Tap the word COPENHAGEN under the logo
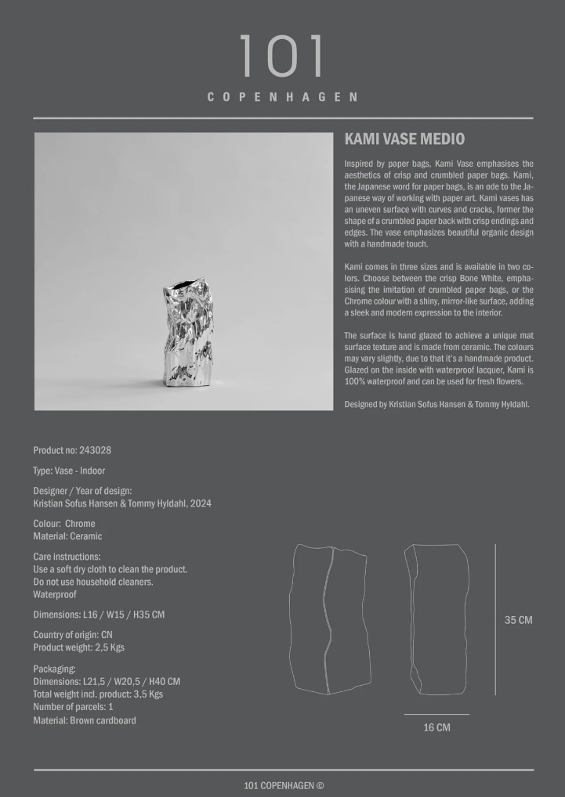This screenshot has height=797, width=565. (282, 97)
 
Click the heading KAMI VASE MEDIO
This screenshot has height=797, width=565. (404, 139)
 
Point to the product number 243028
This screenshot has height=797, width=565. (95, 450)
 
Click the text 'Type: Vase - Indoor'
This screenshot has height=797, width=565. (69, 471)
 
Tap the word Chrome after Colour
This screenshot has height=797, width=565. (80, 524)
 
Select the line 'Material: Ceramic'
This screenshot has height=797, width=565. (67, 536)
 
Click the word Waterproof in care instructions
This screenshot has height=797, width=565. (55, 594)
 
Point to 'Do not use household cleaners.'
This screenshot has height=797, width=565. (93, 582)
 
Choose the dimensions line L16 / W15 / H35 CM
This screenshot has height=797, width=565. (99, 615)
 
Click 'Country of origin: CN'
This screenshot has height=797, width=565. (73, 635)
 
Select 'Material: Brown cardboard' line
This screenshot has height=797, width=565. (85, 720)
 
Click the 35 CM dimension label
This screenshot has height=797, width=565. (518, 620)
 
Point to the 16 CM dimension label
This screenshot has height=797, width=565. (436, 727)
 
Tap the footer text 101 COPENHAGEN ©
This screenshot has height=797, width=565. (284, 785)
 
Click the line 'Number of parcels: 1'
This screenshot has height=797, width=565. (73, 707)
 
